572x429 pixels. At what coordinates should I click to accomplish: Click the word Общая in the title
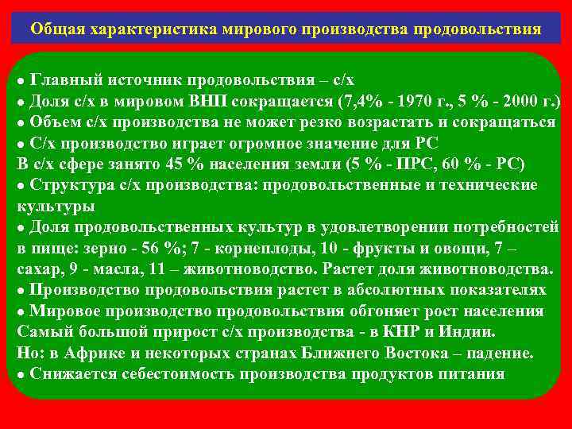coord(55,29)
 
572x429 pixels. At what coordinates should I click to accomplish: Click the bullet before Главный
coord(21,82)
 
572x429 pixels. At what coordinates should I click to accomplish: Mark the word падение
coord(497,351)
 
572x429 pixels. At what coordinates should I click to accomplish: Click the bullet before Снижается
coord(21,373)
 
